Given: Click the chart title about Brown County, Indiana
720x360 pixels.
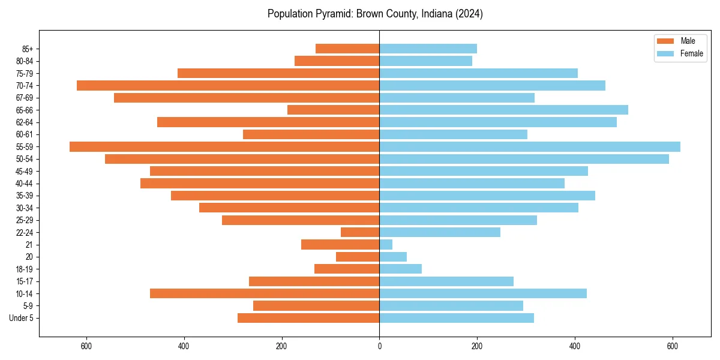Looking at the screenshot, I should click(x=375, y=14).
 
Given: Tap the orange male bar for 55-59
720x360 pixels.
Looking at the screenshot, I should click(x=224, y=146).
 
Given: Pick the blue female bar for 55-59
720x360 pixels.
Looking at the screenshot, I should click(x=530, y=146).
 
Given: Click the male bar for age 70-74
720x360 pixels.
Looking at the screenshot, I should click(x=228, y=85).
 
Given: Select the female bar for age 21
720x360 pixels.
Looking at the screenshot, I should click(x=386, y=244).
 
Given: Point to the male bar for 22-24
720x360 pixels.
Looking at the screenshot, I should click(x=360, y=232).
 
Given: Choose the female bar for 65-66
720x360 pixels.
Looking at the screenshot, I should click(x=503, y=110).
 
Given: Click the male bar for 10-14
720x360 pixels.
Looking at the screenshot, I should click(x=265, y=293).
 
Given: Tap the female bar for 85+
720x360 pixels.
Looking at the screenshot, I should click(x=428, y=49).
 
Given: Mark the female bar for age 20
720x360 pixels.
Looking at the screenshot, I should click(x=393, y=257).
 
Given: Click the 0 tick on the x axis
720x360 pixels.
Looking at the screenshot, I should click(x=379, y=346).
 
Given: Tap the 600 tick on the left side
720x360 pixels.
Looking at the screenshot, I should click(x=86, y=346).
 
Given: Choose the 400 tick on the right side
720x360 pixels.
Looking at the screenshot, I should click(x=575, y=346).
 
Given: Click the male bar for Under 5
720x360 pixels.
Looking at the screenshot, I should click(x=308, y=318).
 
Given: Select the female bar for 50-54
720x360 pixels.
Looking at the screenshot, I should click(x=524, y=159).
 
